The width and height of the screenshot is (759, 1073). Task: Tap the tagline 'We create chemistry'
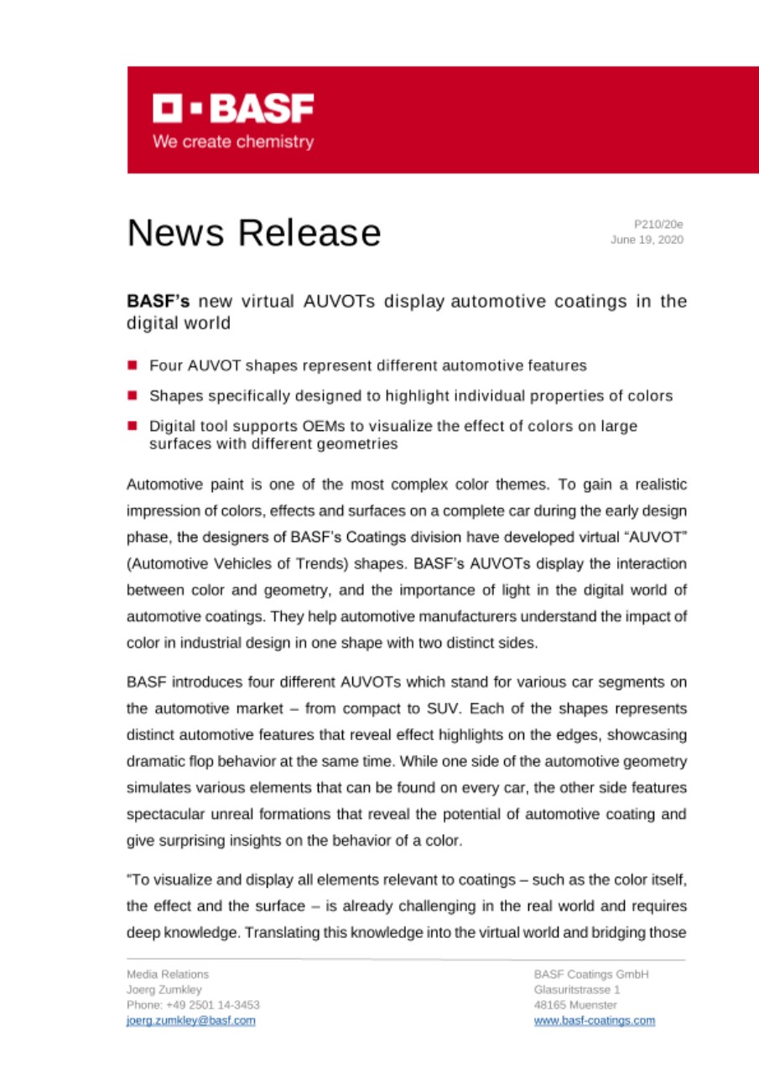pos(233,142)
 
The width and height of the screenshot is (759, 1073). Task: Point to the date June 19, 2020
pos(650,240)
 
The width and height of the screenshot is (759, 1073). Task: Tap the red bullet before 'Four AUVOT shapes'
pos(133,365)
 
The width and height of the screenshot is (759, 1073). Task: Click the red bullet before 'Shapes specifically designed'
pos(133,396)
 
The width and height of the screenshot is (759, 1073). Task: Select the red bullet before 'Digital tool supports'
pos(133,426)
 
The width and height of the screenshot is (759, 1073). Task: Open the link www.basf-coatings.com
pos(594,1020)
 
